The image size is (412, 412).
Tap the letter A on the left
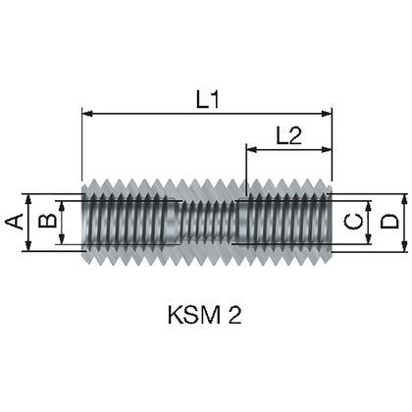pos(15,222)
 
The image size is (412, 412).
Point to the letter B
pos(42,222)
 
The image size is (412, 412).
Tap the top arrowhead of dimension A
pos(29,193)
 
